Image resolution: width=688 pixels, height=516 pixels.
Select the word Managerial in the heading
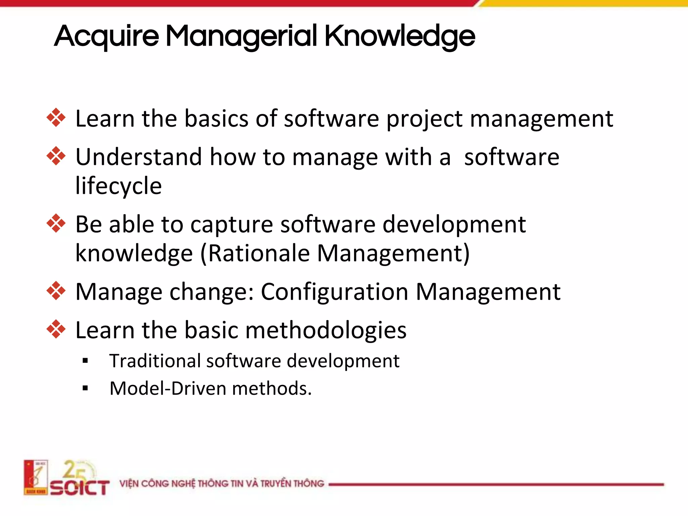241,36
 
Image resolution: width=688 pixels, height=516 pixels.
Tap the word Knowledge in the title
399,36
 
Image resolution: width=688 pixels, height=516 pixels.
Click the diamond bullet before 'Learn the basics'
56,118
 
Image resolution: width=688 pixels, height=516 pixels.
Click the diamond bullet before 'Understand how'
56,156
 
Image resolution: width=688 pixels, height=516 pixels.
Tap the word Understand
139,157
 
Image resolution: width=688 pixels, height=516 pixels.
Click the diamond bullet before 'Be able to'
56,223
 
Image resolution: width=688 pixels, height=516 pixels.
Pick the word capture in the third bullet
232,225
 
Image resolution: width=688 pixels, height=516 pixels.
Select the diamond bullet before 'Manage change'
56,291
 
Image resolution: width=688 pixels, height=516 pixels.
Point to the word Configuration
335,292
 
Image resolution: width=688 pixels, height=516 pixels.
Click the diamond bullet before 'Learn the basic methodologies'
56,329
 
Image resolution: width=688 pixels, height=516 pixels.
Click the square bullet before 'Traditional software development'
85,361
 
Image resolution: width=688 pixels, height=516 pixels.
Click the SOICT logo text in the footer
80,487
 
